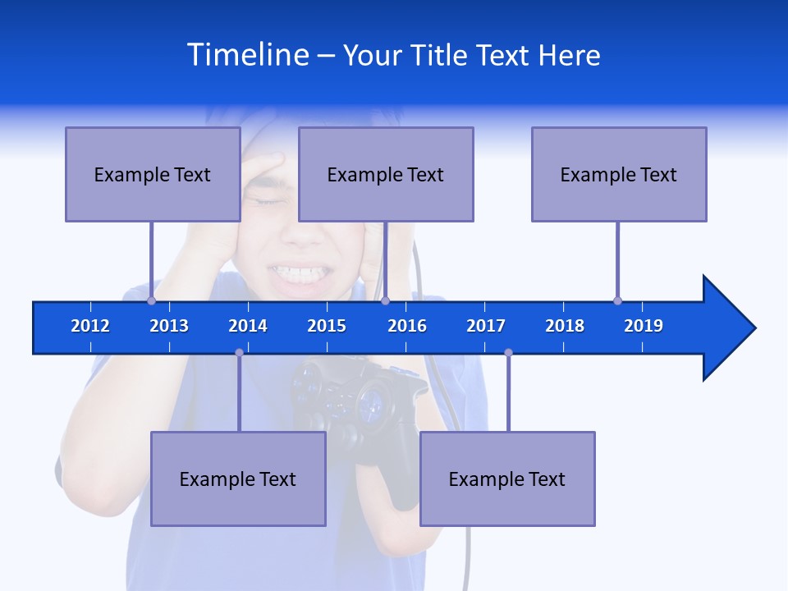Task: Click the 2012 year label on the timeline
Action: (90, 326)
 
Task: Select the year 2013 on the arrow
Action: (169, 326)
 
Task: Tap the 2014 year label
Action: (248, 326)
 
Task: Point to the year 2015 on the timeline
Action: (327, 326)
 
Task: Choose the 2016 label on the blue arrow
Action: (407, 326)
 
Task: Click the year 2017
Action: (486, 326)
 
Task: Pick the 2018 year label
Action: (565, 326)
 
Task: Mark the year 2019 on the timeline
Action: (644, 326)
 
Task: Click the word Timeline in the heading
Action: (246, 55)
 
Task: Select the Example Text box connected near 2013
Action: (153, 174)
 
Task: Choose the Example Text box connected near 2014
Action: (238, 479)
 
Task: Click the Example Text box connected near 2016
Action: (386, 174)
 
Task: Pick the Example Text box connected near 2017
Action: (507, 479)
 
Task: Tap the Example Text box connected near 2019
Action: (619, 174)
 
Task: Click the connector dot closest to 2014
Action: (239, 352)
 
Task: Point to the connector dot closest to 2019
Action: (617, 300)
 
